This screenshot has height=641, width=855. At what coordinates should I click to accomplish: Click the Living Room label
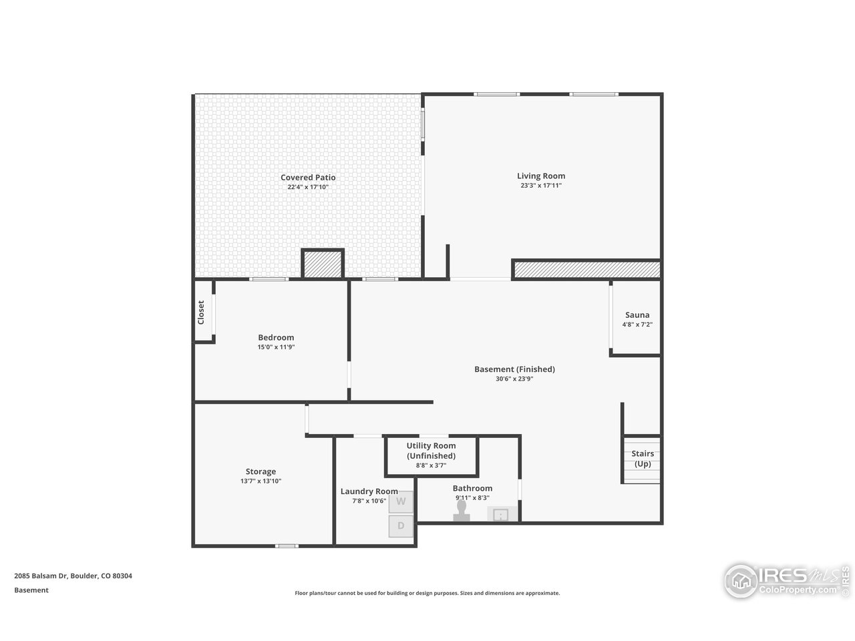(540, 176)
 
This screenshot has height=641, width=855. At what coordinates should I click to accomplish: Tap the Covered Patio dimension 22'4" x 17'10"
(308, 187)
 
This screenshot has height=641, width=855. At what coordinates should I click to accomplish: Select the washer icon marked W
(401, 501)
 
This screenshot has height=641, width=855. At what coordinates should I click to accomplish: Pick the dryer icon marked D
(401, 525)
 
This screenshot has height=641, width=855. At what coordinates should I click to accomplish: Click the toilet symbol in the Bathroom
(461, 511)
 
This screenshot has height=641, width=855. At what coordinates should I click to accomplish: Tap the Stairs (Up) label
(643, 459)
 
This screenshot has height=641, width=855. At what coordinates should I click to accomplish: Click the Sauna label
(637, 315)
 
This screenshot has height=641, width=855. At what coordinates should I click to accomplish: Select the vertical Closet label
(201, 312)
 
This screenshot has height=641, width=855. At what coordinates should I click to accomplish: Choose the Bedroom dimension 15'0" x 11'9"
(276, 347)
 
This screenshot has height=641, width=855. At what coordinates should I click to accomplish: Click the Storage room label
(261, 471)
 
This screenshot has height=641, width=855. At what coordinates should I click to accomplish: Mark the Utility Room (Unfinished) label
(431, 451)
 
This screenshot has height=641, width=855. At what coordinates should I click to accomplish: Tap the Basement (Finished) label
(514, 369)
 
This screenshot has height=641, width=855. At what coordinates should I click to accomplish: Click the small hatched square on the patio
(323, 264)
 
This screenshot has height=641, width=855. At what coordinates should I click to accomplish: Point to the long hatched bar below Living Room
(586, 270)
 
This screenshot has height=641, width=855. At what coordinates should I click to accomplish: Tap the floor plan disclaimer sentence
(427, 593)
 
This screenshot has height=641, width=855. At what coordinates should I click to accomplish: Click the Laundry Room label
(369, 491)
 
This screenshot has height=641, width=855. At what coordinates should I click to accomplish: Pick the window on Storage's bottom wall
(287, 546)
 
